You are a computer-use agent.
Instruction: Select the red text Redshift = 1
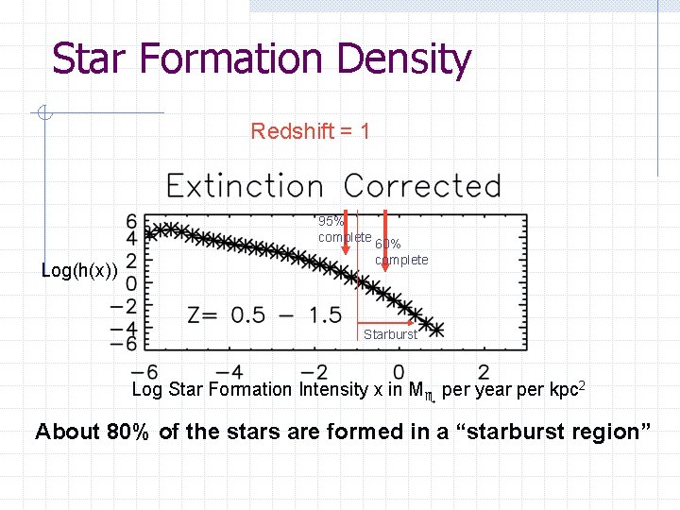click(x=310, y=131)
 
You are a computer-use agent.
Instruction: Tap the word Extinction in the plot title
click(x=245, y=186)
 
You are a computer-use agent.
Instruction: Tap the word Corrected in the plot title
click(x=421, y=186)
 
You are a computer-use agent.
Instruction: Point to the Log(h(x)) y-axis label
click(x=80, y=271)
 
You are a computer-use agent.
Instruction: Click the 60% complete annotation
click(x=400, y=252)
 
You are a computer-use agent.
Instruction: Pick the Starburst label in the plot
click(x=389, y=334)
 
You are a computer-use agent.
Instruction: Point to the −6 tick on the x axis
click(x=144, y=372)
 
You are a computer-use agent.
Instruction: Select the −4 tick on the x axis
click(x=229, y=372)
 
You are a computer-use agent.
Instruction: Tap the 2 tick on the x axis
click(x=484, y=372)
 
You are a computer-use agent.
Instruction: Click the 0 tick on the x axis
click(x=399, y=372)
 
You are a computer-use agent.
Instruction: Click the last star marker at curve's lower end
click(x=435, y=329)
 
